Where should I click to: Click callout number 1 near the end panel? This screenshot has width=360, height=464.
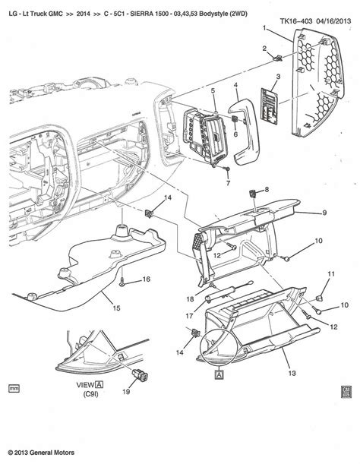pyautogui.click(x=265, y=29)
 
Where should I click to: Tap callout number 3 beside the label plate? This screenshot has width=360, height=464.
pyautogui.click(x=278, y=78)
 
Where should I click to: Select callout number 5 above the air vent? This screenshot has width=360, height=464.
pyautogui.click(x=214, y=92)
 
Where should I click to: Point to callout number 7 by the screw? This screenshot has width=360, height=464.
pyautogui.click(x=227, y=183)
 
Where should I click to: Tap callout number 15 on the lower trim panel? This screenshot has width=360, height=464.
pyautogui.click(x=117, y=308)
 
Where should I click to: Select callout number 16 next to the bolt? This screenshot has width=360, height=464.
pyautogui.click(x=146, y=279)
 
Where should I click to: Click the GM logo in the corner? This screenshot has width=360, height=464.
pyautogui.click(x=347, y=390)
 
